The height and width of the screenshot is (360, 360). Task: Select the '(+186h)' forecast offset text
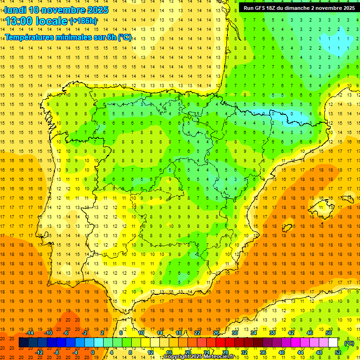(83, 21)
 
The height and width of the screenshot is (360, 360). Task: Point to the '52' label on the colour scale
(338, 352)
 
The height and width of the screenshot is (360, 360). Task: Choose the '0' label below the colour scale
(93, 352)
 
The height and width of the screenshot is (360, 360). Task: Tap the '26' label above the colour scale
(216, 333)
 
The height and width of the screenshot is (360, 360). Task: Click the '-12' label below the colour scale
(39, 352)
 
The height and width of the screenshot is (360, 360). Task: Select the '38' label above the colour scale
(272, 333)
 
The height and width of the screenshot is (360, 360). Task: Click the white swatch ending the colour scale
(333, 343)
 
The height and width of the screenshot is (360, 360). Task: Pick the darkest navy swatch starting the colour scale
(23, 343)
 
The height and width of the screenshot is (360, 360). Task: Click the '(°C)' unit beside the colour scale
(349, 343)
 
